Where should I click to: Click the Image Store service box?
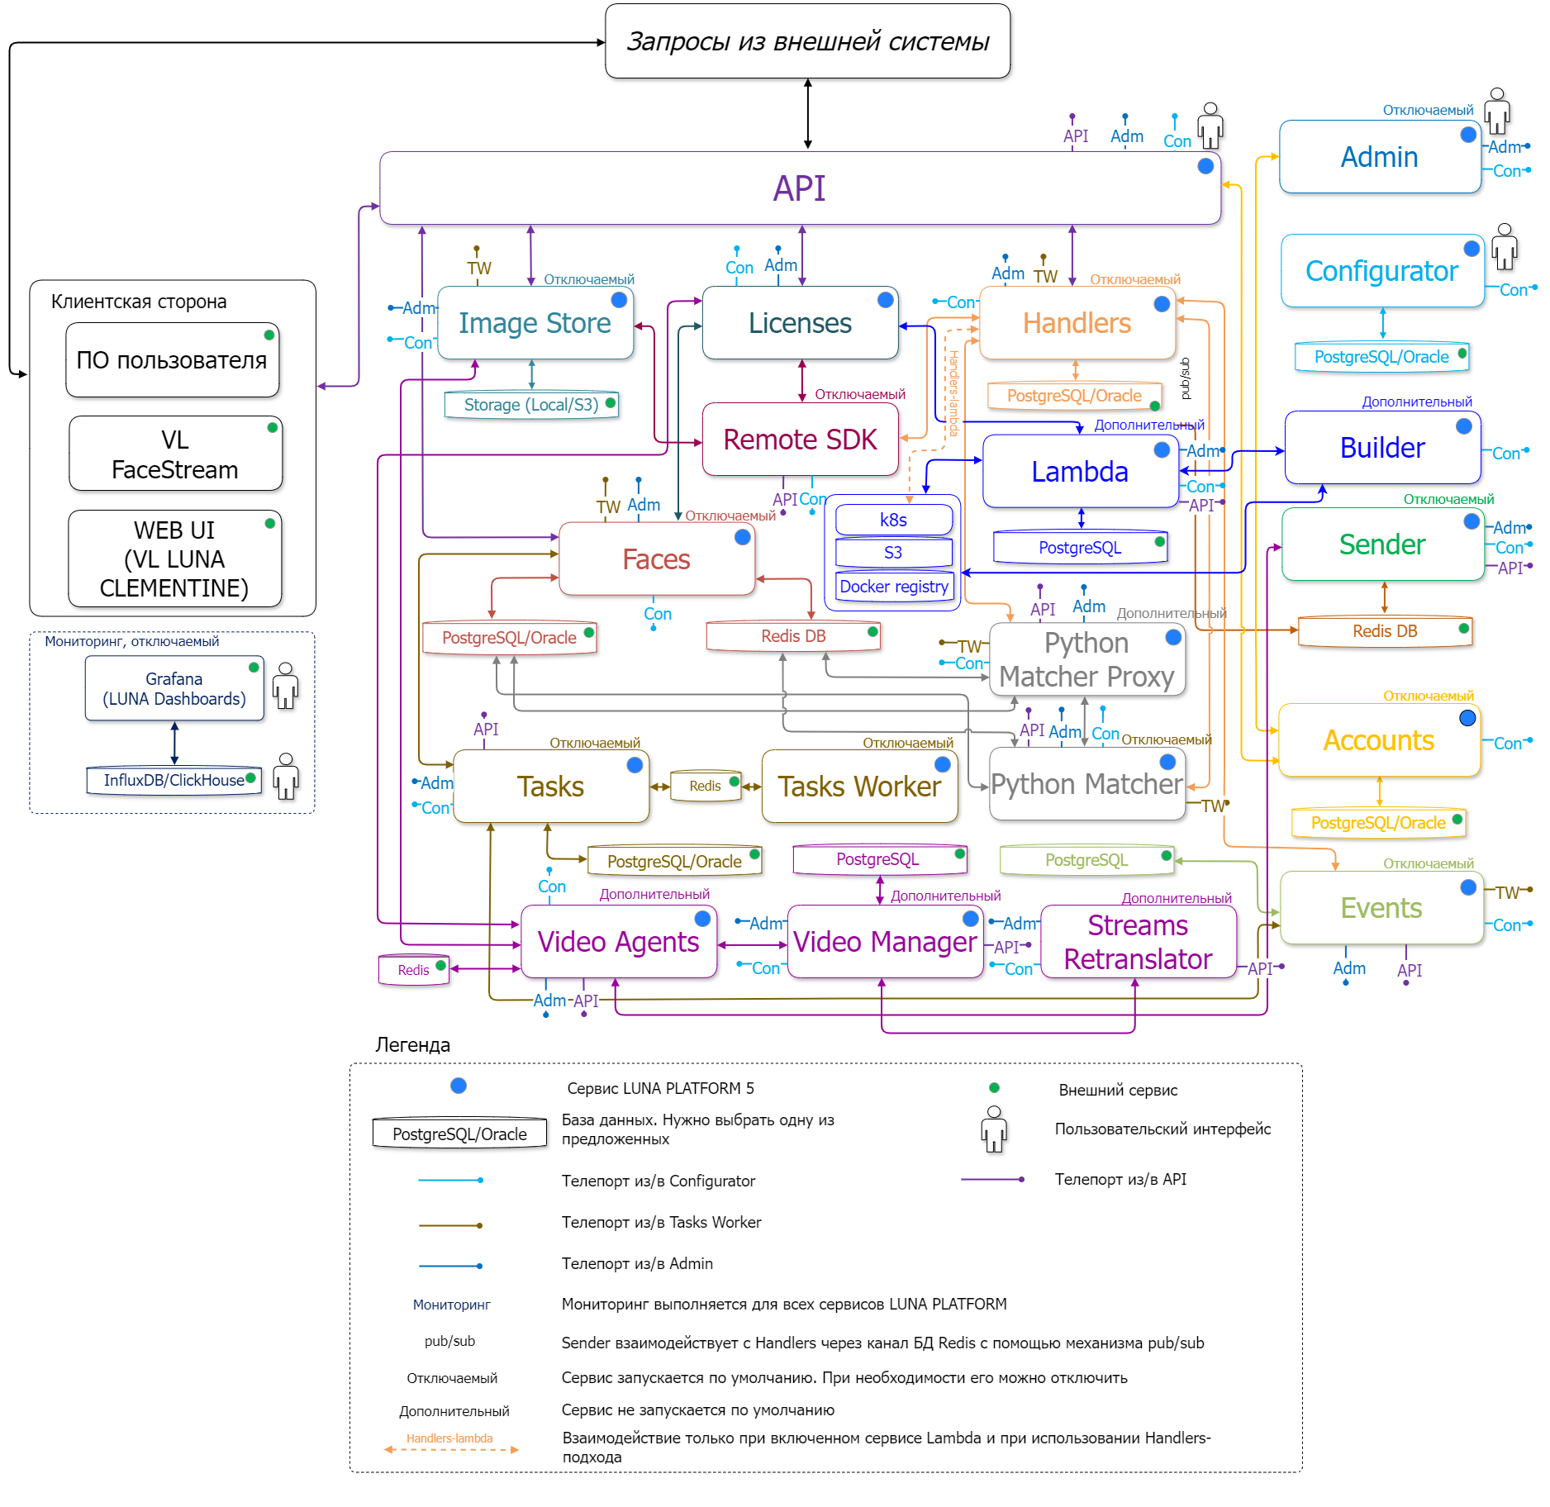535,323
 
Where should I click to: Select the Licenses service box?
799,323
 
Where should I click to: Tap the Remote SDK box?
799,440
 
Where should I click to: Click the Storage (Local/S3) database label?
531,405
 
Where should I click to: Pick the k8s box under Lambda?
893,520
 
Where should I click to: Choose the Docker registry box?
893,587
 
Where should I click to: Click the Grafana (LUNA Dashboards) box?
174,689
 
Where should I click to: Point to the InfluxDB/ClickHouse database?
174,780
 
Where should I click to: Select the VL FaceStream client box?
175,454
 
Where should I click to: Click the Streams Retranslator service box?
1138,942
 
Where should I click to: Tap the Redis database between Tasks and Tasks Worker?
705,786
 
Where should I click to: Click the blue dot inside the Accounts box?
1467,718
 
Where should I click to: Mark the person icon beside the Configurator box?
1505,246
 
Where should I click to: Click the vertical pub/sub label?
1186,378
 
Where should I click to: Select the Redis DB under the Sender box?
1385,631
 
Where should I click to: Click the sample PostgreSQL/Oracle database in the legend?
459,1134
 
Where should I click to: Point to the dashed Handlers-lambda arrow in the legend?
450,1450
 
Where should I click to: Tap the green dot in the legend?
995,1088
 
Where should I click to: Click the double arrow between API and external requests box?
808,114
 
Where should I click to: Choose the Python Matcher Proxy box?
1086,659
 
